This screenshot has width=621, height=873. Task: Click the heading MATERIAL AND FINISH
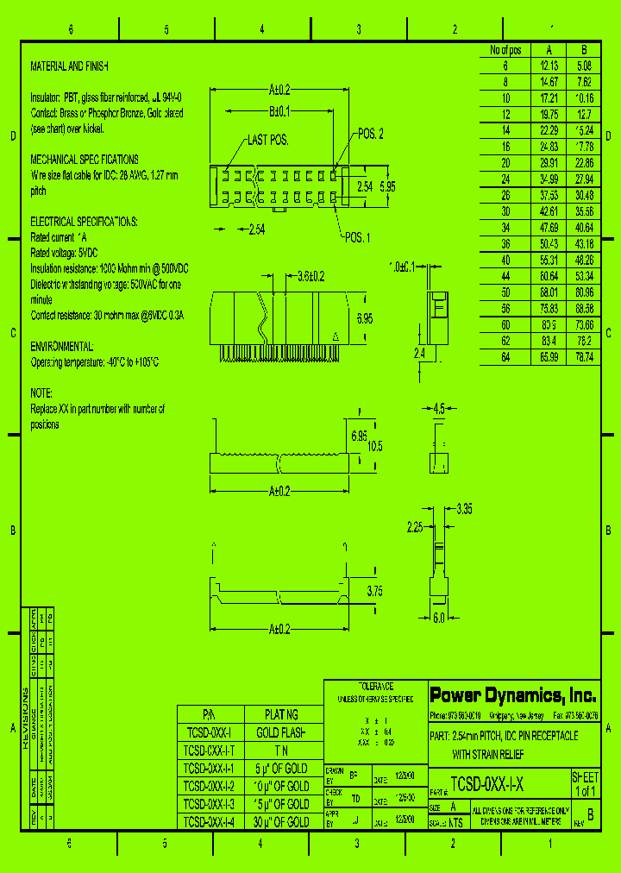[x=70, y=66]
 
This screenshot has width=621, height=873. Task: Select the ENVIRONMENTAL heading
[x=62, y=346]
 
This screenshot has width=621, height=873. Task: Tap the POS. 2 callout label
[x=370, y=134]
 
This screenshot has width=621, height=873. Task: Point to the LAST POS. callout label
[x=267, y=140]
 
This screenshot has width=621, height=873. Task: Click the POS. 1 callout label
[x=357, y=237]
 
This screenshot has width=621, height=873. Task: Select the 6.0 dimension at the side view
[x=438, y=618]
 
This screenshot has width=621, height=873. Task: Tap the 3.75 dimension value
[x=374, y=592]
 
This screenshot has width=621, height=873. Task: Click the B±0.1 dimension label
[x=279, y=111]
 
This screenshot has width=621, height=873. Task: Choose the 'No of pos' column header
[x=505, y=50]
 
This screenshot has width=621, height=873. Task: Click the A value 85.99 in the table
[x=549, y=356]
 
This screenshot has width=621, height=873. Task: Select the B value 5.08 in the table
[x=584, y=66]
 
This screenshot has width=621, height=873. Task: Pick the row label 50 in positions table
[x=505, y=292]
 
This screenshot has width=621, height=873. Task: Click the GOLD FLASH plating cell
[x=281, y=732]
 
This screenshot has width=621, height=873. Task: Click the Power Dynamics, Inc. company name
[x=512, y=694]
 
